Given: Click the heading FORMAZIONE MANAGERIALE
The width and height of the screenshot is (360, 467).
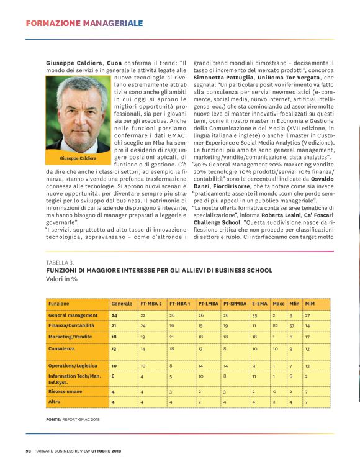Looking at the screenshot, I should (84, 24).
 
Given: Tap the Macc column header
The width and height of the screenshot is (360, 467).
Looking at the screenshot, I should (278, 304).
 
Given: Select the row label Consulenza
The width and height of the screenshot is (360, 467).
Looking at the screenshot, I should (62, 349).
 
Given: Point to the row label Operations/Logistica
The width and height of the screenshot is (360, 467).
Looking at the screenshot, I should (73, 366).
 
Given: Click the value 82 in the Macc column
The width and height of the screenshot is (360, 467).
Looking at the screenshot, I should (275, 325).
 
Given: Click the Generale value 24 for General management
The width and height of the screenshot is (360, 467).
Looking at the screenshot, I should (114, 315).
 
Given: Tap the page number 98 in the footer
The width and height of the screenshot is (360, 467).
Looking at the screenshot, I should (29, 450).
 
